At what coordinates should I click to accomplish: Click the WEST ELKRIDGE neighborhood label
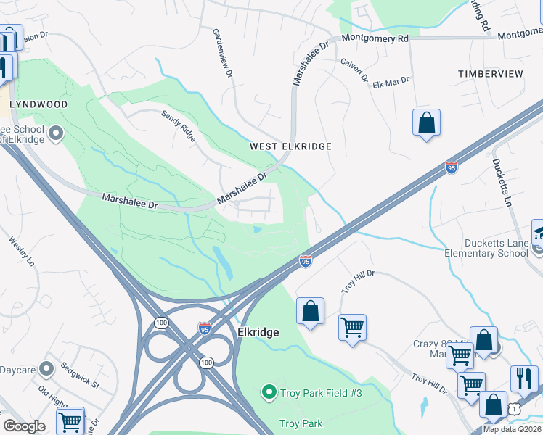pos(290,146)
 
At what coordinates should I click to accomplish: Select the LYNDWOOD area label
pos(38,104)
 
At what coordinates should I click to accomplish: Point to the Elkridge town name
pos(258,331)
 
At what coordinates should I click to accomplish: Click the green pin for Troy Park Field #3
pos(269,393)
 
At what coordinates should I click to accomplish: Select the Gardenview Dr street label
pos(222,54)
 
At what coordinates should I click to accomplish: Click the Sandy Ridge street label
pos(179,125)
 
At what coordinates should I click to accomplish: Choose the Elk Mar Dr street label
pos(387,83)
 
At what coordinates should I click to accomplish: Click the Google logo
pos(24,426)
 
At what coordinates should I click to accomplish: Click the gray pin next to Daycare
pos(46,369)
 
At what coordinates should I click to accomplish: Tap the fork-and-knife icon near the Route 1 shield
pos(524,378)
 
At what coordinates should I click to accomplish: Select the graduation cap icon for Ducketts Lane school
pos(538,233)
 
